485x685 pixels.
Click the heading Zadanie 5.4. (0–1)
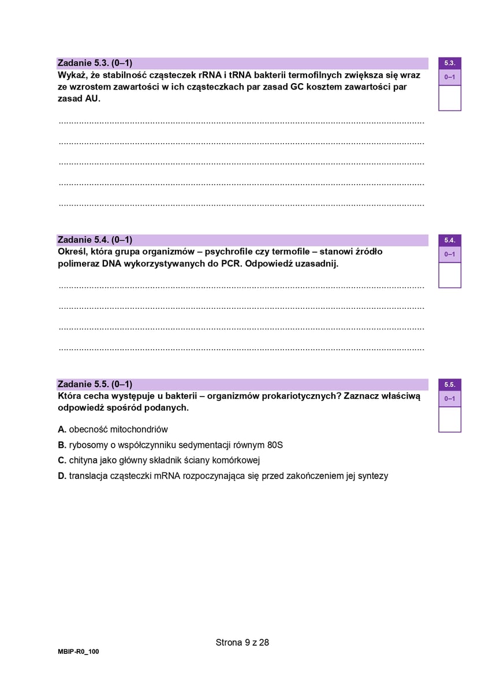coord(95,239)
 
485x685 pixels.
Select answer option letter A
coord(62,429)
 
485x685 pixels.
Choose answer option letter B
coord(62,445)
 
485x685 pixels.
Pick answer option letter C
coord(62,461)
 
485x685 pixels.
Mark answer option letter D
coord(62,476)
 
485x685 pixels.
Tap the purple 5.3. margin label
coord(450,63)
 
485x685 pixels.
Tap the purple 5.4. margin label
coord(450,240)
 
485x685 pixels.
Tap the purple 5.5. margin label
coord(450,384)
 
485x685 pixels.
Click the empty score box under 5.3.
coord(450,98)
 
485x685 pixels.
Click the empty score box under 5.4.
coord(450,275)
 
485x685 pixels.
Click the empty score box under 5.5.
coord(450,419)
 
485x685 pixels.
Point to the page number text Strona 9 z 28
coord(242,642)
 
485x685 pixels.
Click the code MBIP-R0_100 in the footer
coord(79,651)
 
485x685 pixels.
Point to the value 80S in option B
coord(275,445)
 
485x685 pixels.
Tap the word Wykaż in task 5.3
coord(71,75)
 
